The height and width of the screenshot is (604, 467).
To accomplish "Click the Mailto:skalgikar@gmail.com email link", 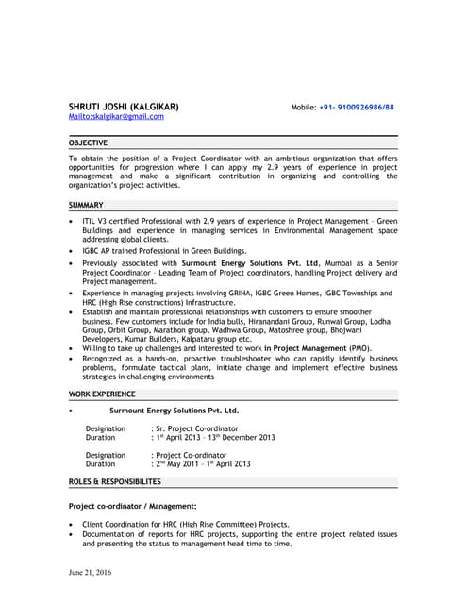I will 116,116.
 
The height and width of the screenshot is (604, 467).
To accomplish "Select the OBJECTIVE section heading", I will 90,142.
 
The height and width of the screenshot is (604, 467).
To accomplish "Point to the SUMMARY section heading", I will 86,205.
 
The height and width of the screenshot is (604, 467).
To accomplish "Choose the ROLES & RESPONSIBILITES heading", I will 115,481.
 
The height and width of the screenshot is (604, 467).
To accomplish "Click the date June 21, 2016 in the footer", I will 91,573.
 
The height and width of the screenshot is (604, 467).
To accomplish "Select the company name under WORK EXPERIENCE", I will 175,411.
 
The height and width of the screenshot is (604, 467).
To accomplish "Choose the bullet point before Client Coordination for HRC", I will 73,525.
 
